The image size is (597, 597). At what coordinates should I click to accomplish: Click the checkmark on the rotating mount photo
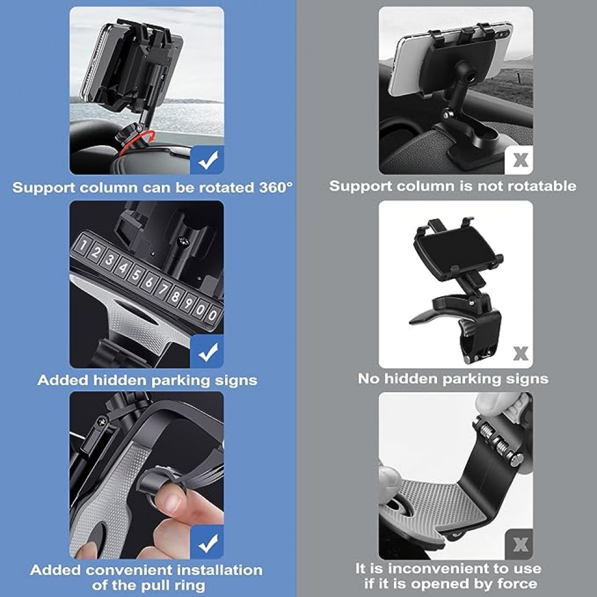[x=207, y=160]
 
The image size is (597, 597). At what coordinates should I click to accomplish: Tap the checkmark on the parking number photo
[x=207, y=352]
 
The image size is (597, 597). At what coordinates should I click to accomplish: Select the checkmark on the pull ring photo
[x=207, y=543]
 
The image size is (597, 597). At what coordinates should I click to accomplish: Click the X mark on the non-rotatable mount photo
[x=520, y=159]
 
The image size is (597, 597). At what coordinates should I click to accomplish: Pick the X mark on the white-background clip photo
[x=520, y=353]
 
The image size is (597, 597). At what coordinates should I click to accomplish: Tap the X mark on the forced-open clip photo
[x=520, y=545]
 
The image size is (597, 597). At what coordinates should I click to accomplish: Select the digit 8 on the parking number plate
[x=175, y=296]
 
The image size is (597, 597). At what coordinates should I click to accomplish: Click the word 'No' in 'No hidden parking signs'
[x=368, y=378]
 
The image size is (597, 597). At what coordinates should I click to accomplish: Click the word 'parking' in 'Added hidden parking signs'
[x=180, y=380]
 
